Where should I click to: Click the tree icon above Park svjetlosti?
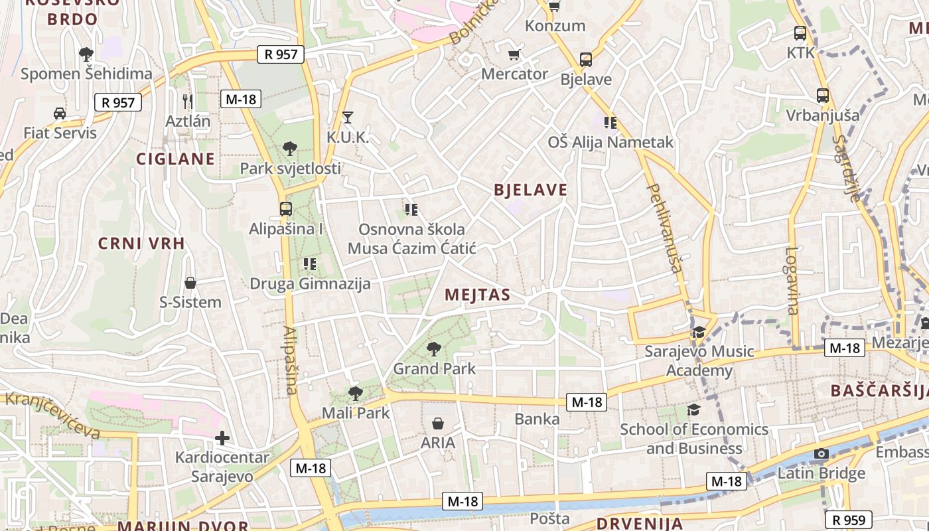point(289,149)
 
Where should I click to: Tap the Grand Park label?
point(435,368)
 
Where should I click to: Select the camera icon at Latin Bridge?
point(822,454)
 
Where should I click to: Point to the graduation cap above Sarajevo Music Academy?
point(698,332)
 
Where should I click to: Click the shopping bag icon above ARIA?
point(438,423)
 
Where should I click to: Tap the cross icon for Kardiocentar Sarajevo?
point(222,438)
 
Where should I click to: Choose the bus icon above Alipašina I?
point(285,209)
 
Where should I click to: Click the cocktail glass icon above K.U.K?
point(347,117)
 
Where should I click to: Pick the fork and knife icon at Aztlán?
point(188,101)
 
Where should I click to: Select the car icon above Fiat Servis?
point(60,114)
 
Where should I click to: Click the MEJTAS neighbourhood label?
point(478,295)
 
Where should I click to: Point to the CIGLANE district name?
point(176,159)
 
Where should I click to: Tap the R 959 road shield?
point(848,519)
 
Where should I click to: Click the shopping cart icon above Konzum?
point(555,7)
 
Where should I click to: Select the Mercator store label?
point(515,74)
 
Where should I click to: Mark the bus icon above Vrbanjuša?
point(823,96)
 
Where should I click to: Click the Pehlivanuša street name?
point(665,228)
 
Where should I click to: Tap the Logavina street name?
point(792,280)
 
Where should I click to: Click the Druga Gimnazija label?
point(310,284)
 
